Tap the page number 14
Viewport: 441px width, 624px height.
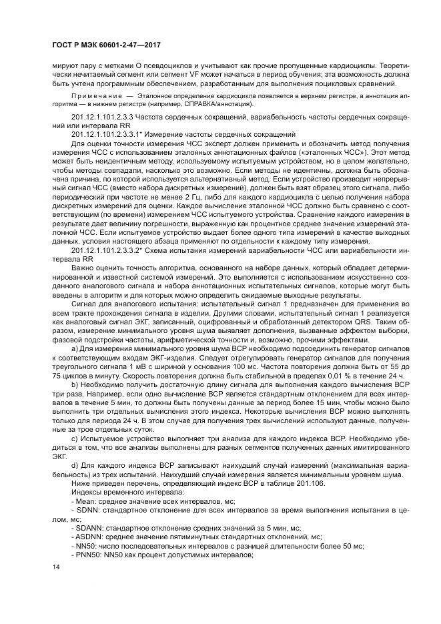coord(56,567)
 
